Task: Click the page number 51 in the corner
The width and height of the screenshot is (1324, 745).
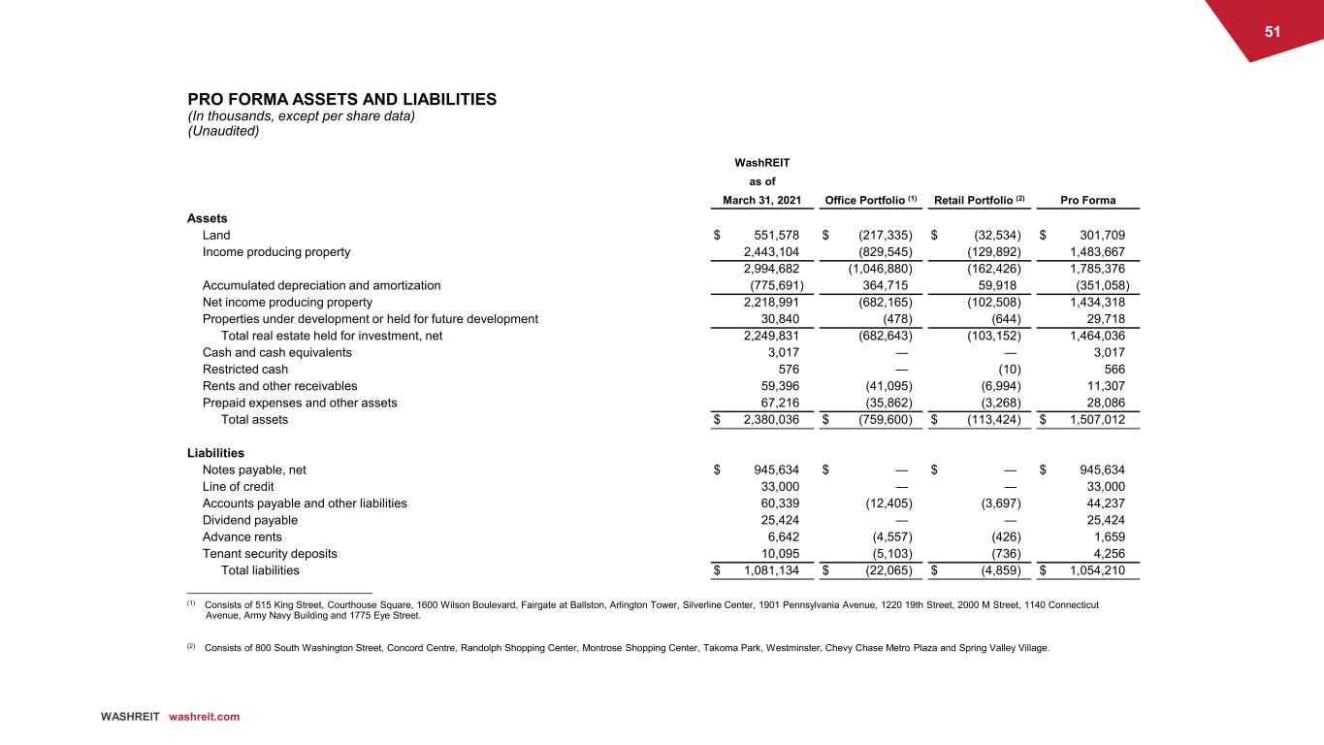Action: (1273, 32)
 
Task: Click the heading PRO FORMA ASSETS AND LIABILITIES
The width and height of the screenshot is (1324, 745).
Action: (341, 99)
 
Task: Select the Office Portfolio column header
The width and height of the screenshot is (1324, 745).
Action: (870, 201)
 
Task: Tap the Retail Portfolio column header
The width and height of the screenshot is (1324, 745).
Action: (979, 201)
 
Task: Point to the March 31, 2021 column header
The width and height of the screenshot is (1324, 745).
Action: (762, 201)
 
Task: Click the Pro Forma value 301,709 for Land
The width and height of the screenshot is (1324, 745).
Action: (1100, 236)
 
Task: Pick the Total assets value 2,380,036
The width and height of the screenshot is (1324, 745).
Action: (766, 420)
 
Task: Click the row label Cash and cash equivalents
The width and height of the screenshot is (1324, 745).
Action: (276, 352)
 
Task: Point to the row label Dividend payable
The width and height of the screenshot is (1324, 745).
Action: (250, 520)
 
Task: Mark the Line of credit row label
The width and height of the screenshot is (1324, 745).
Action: (238, 487)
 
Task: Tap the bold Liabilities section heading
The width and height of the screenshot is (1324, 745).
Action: (215, 453)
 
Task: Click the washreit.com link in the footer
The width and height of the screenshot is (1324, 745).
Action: (204, 717)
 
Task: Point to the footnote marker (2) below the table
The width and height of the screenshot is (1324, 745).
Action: (190, 647)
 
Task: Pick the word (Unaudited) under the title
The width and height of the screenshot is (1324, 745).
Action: (223, 131)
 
